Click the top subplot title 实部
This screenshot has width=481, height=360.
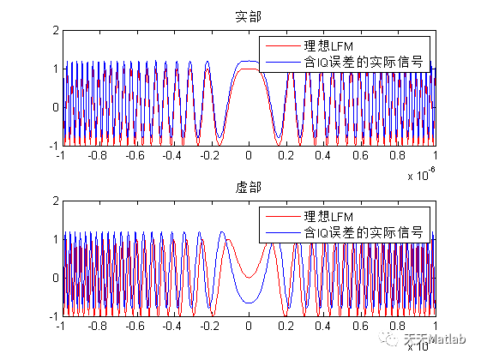pyautogui.click(x=248, y=16)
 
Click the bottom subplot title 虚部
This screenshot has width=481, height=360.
pyautogui.click(x=248, y=187)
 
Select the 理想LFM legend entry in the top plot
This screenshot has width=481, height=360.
pyautogui.click(x=327, y=46)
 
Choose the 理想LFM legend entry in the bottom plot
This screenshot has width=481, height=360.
pyautogui.click(x=327, y=216)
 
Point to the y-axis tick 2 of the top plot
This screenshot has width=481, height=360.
pyautogui.click(x=53, y=30)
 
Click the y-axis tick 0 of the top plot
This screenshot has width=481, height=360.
pyautogui.click(x=53, y=107)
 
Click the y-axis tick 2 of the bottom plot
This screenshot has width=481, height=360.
pyautogui.click(x=53, y=201)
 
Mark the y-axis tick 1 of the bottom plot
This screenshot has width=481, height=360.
pyautogui.click(x=53, y=239)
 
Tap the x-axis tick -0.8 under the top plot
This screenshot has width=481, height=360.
pyautogui.click(x=96, y=157)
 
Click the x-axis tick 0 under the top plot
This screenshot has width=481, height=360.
pyautogui.click(x=248, y=157)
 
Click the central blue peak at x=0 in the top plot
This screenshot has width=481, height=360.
pyautogui.click(x=248, y=62)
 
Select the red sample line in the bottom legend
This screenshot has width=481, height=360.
pyautogui.click(x=282, y=216)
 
